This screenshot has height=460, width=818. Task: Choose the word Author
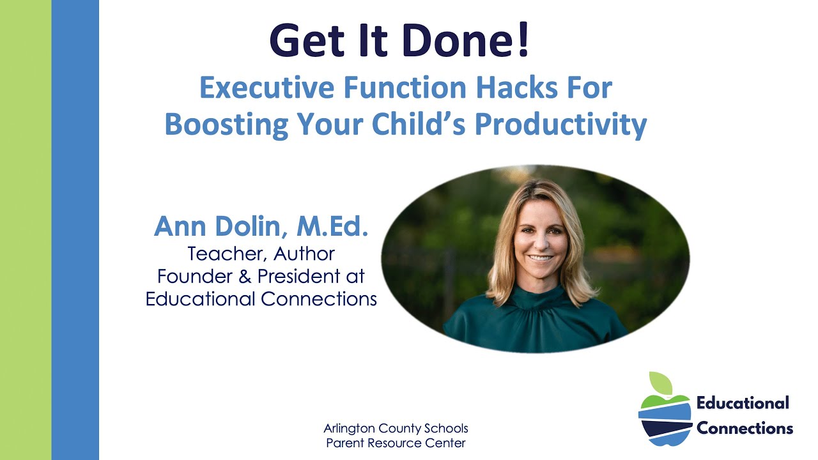(304, 254)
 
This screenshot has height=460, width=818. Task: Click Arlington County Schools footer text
(396, 428)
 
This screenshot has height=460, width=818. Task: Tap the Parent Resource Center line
(396, 443)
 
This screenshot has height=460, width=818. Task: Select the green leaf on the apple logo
(661, 383)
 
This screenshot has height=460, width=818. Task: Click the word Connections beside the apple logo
(745, 427)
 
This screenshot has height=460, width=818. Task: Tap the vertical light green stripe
(26, 230)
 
